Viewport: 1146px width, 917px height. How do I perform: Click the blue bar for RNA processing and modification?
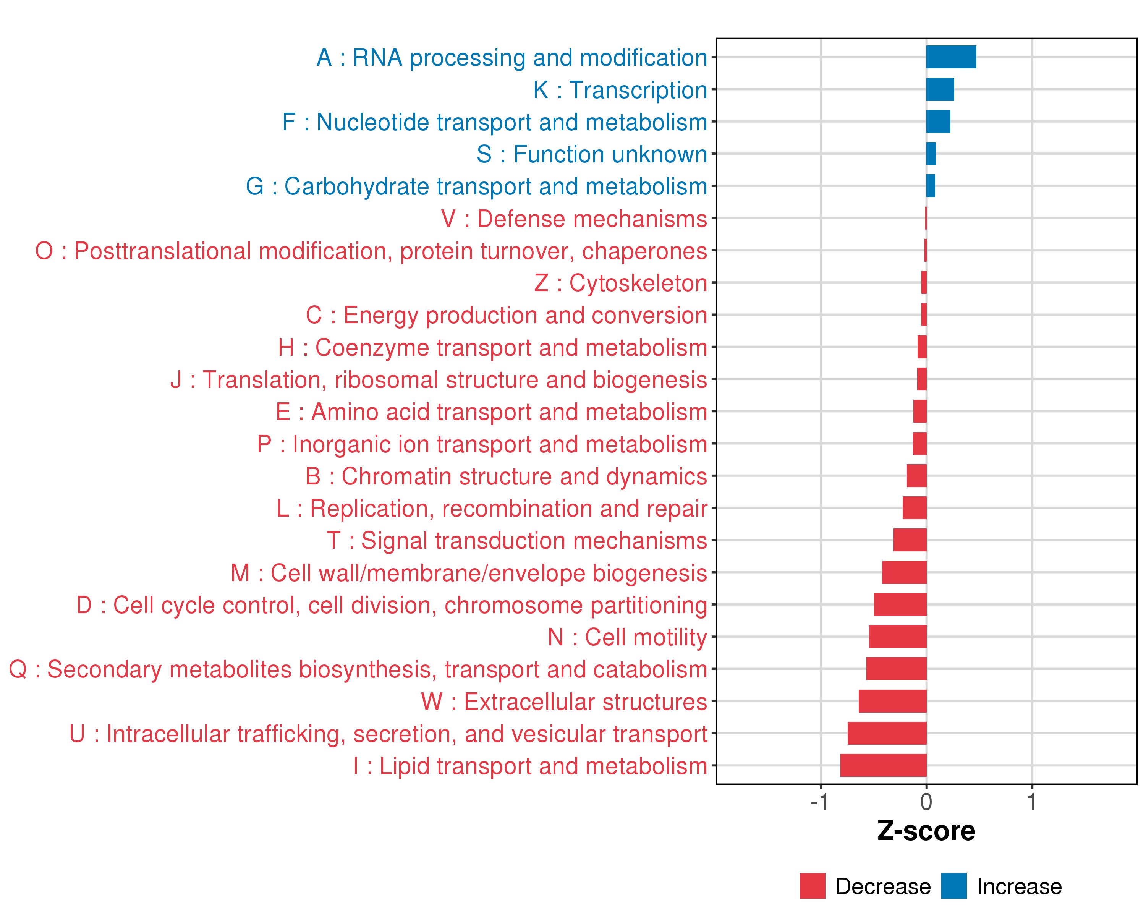(951, 57)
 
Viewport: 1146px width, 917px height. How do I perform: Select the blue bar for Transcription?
(940, 89)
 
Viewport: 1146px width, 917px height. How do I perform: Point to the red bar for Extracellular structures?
(892, 701)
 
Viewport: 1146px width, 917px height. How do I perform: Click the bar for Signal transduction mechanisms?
(910, 540)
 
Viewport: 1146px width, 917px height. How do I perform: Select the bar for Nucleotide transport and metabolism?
(938, 122)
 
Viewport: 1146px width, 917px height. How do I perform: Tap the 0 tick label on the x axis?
(926, 802)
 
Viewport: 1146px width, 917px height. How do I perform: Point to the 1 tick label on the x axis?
(1032, 802)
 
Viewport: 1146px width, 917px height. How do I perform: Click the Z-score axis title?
(926, 831)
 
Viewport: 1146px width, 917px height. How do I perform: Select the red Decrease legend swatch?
(812, 886)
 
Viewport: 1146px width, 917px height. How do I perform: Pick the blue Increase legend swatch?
(953, 886)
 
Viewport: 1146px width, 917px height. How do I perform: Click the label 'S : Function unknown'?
(592, 154)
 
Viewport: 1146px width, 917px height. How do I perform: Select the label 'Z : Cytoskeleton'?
(620, 283)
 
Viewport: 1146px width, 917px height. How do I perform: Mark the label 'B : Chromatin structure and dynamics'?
(506, 476)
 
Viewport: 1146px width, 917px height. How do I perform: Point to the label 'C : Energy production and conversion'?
(506, 315)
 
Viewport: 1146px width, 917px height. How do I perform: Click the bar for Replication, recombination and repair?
(914, 508)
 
